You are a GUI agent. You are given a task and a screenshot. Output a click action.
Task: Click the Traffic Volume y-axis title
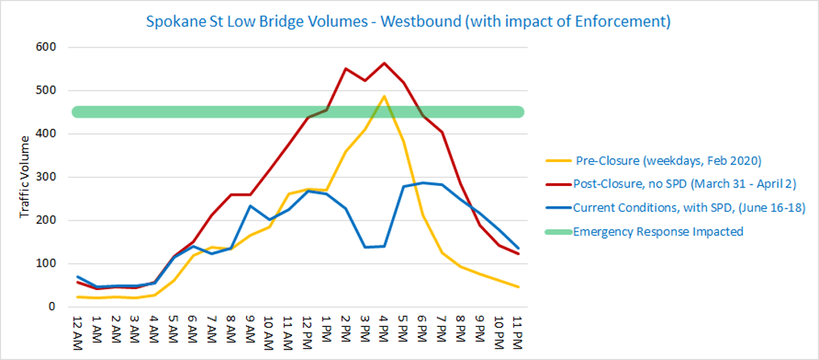pos(26,177)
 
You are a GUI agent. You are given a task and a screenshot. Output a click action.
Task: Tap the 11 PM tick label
pos(517,329)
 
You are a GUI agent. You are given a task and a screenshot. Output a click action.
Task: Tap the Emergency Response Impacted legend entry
pos(658,231)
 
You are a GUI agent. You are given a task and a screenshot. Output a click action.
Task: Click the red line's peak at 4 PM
pos(385,63)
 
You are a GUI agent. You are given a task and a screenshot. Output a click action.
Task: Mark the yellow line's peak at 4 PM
pos(385,96)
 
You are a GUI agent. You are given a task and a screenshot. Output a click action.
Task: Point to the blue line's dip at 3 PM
pos(365,247)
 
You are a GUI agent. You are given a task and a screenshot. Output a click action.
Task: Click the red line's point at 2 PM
pos(346,69)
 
